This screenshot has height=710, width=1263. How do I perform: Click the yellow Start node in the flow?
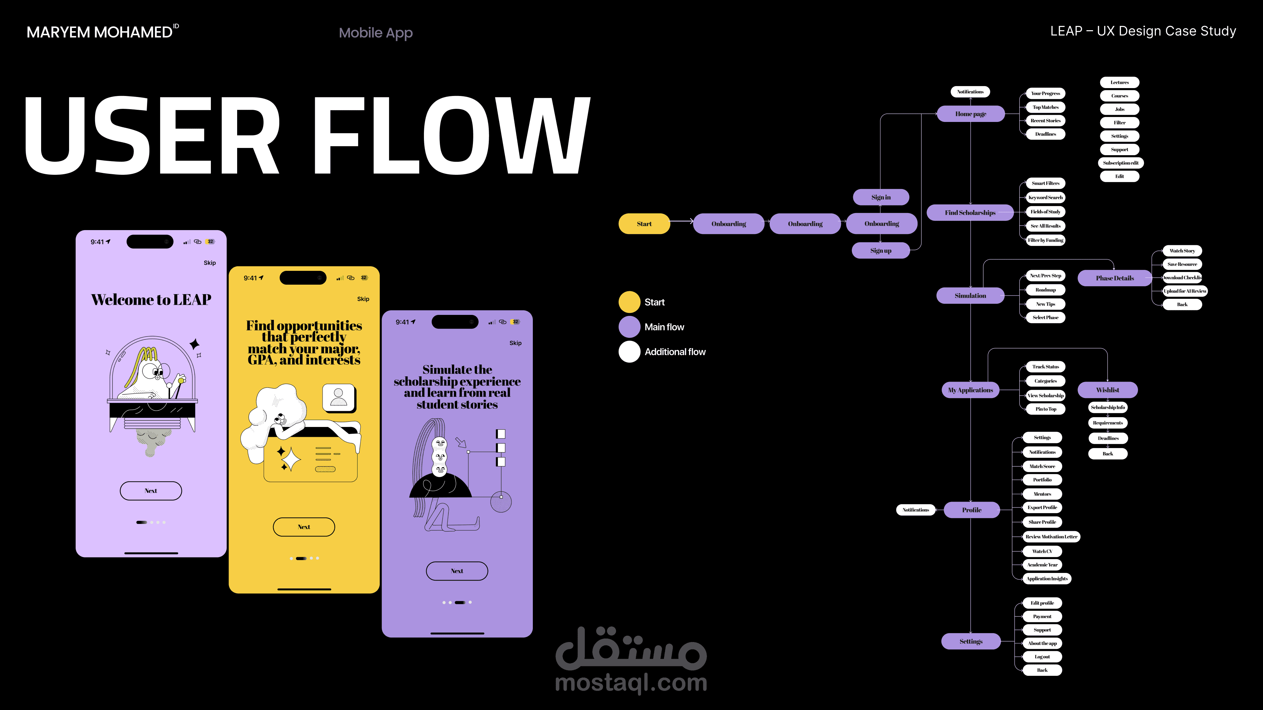(x=644, y=224)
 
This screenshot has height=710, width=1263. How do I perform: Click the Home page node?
(x=970, y=114)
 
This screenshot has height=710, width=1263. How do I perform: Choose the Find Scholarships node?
(x=970, y=213)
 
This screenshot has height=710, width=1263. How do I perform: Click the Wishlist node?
(x=1107, y=390)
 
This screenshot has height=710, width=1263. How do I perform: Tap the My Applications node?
(x=970, y=390)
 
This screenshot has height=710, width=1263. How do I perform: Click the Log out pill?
(x=1042, y=657)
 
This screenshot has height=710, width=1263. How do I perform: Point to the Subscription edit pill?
(x=1120, y=163)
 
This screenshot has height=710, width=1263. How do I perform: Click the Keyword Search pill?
(x=1045, y=198)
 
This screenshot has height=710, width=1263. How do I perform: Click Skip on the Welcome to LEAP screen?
(x=210, y=263)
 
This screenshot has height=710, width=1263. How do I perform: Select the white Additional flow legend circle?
(x=629, y=352)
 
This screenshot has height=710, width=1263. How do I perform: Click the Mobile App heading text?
(x=376, y=33)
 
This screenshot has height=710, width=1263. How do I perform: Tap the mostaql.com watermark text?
(x=631, y=683)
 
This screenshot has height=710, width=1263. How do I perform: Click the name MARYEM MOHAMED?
(x=100, y=32)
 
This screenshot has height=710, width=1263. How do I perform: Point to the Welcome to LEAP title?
(x=151, y=300)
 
